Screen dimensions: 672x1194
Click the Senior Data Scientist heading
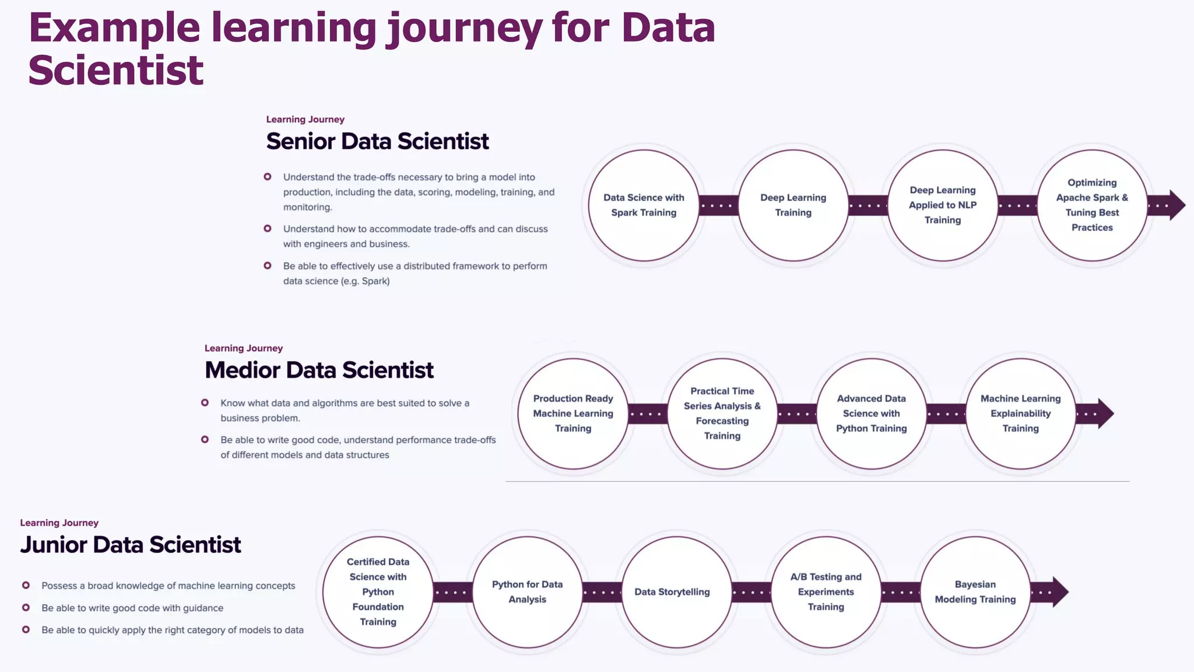pos(377,142)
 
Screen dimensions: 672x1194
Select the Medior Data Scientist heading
pos(319,370)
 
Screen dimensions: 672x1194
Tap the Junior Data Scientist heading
pos(130,545)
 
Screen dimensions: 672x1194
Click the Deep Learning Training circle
pos(793,205)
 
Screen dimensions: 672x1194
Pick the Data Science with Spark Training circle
pos(644,205)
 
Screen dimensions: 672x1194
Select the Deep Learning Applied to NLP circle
pos(942,205)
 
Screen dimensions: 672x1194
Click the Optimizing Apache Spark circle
pos(1092,205)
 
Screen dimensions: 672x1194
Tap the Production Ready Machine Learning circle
pos(573,414)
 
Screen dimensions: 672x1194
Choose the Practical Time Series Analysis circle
pos(722,414)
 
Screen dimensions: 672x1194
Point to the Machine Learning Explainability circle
pos(1020,414)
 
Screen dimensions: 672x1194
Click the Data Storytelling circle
pos(676,592)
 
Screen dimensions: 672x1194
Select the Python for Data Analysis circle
pos(527,592)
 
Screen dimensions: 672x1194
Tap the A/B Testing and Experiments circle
pos(826,592)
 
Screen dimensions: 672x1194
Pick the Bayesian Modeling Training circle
pos(975,592)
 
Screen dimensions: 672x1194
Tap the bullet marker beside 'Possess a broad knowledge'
pos(26,585)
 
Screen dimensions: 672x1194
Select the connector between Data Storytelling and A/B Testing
pos(751,592)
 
